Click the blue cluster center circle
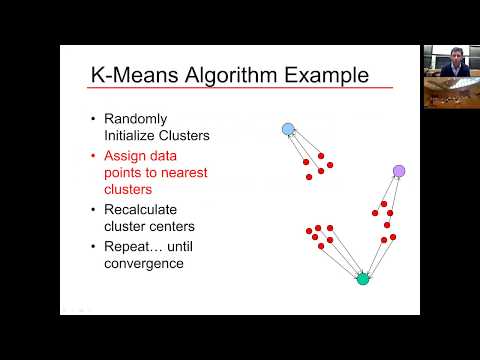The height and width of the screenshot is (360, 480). pos(288,129)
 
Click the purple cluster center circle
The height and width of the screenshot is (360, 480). pos(399,172)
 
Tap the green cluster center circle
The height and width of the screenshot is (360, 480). pos(363,278)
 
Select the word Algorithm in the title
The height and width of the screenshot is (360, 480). pos(229,75)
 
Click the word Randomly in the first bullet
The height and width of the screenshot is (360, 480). pos(137,119)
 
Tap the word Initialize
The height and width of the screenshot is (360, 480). pos(130,134)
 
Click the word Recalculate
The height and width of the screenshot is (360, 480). pos(142,210)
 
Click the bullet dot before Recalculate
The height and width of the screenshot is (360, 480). pos(93,210)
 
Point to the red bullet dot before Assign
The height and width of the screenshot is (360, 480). pos(93,157)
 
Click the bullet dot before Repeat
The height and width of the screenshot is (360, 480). pos(93,247)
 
